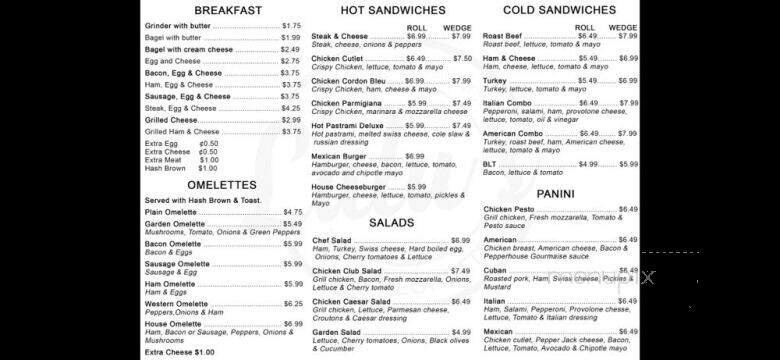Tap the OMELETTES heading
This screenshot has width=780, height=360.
pyautogui.click(x=221, y=184)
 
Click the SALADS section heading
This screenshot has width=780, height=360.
pyautogui.click(x=391, y=222)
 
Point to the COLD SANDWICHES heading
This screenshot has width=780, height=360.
pyautogui.click(x=559, y=9)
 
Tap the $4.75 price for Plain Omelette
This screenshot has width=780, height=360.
pyautogui.click(x=292, y=212)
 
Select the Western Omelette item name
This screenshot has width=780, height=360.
pyautogui.click(x=177, y=303)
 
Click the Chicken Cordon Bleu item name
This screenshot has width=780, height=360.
pyautogui.click(x=348, y=80)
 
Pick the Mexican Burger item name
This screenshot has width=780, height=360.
pyautogui.click(x=340, y=156)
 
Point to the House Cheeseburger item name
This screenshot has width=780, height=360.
pyautogui.click(x=348, y=186)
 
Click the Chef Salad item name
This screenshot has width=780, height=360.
pyautogui.click(x=332, y=240)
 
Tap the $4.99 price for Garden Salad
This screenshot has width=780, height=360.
pyautogui.click(x=460, y=332)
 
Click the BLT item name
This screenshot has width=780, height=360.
pyautogui.click(x=490, y=163)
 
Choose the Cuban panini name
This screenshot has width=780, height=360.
pyautogui.click(x=496, y=270)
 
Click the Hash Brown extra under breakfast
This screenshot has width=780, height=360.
pyautogui.click(x=167, y=168)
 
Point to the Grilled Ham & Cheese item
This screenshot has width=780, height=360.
pyautogui.click(x=182, y=131)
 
